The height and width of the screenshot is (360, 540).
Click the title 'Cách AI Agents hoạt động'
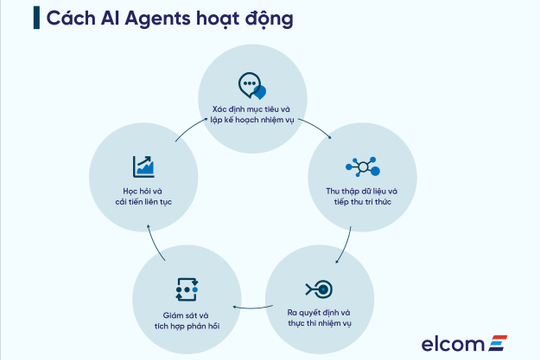(x=152, y=20)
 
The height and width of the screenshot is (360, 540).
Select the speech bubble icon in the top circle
(x=251, y=84)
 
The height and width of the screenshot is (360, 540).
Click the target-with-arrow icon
(x=319, y=288)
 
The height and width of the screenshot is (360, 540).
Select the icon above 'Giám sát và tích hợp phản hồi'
(x=187, y=289)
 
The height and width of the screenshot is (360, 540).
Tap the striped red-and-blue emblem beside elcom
(x=499, y=343)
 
